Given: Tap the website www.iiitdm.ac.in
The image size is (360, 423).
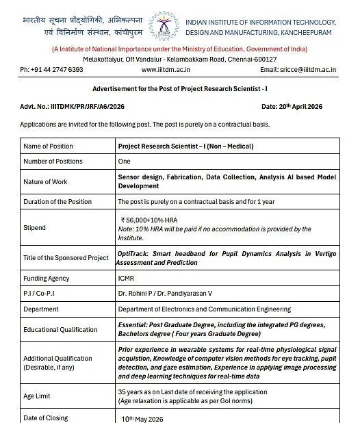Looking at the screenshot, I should pyautogui.click(x=166, y=70).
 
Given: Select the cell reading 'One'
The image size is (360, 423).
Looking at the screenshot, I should pyautogui.click(x=124, y=162).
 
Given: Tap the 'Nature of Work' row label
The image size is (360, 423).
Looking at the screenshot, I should pyautogui.click(x=47, y=181).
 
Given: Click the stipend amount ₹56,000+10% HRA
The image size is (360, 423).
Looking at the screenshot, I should pyautogui.click(x=150, y=220).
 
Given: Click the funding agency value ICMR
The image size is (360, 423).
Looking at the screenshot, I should pyautogui.click(x=126, y=279).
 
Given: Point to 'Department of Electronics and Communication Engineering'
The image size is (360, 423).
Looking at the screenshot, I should pyautogui.click(x=204, y=309).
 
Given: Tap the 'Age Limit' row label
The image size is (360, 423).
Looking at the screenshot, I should pyautogui.click(x=36, y=396).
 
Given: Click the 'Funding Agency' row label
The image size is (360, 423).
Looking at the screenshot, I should pyautogui.click(x=47, y=279).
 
